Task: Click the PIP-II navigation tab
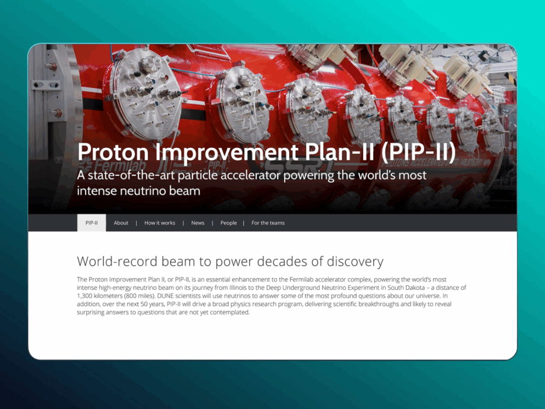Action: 92,223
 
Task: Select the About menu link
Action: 121,223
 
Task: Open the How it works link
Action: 160,223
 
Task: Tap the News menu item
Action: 198,223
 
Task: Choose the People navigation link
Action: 228,223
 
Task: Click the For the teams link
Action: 268,223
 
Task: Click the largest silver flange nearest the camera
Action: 145,94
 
